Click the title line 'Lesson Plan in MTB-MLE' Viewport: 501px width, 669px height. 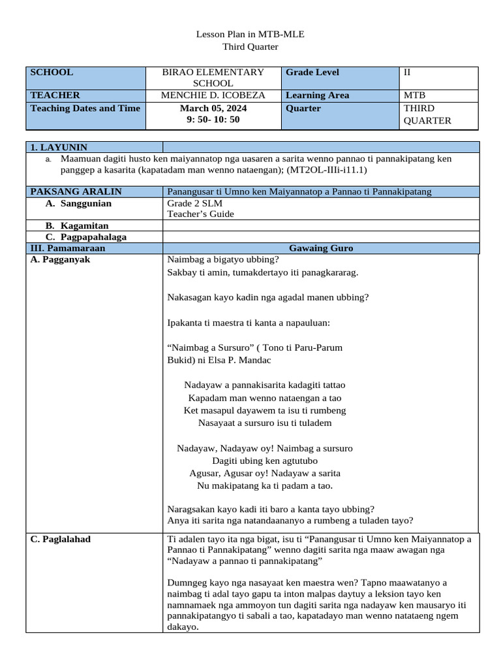click(x=250, y=34)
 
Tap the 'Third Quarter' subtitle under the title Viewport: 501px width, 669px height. click(x=250, y=46)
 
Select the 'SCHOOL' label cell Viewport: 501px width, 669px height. click(x=52, y=73)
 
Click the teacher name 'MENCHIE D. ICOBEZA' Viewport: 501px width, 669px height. click(x=213, y=95)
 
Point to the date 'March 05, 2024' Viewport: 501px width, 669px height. click(x=213, y=108)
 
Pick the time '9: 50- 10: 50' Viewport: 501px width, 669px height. click(x=213, y=120)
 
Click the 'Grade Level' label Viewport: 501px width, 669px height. click(x=312, y=73)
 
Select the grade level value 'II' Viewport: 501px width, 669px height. click(x=408, y=73)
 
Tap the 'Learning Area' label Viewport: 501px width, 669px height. click(x=317, y=95)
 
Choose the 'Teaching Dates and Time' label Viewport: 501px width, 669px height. click(x=85, y=108)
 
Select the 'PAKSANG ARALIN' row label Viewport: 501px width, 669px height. click(x=76, y=191)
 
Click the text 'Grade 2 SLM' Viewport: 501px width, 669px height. click(x=194, y=203)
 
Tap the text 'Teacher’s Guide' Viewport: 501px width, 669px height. click(x=200, y=214)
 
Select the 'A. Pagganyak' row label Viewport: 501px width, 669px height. click(x=60, y=259)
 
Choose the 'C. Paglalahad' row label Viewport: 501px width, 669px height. click(x=61, y=539)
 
